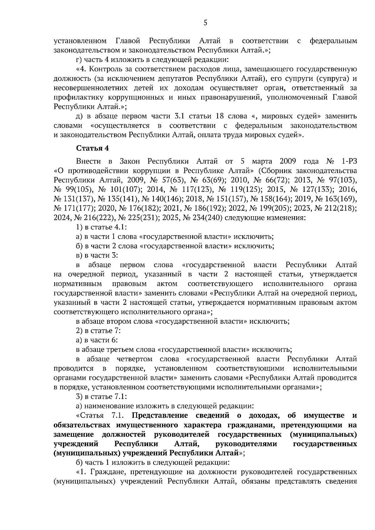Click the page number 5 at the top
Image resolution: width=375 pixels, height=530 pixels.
coord(205,22)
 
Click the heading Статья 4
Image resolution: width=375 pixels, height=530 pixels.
coord(92,148)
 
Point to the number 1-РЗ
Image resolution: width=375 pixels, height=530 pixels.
coord(348,161)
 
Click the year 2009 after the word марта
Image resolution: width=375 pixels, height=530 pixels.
coord(290,161)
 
